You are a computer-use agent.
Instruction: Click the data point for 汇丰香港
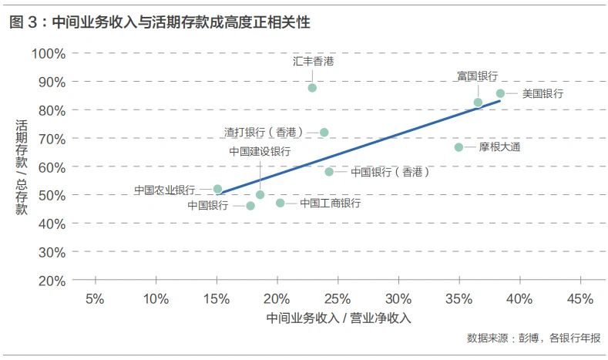coord(312,88)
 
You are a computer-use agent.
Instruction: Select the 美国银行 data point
coord(500,93)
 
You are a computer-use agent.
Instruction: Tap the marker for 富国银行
coord(478,103)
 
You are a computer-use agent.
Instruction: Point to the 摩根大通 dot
coord(459,147)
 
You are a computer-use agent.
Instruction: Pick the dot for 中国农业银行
coord(217,189)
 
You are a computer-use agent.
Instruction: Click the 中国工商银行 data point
coord(280,203)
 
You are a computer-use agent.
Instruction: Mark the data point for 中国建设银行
coord(260,195)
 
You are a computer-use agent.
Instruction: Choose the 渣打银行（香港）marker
coord(324,133)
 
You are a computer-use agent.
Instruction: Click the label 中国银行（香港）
coord(390,172)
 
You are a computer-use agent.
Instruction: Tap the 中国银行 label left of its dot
coord(208,205)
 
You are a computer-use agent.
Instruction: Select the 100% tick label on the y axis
coord(49,53)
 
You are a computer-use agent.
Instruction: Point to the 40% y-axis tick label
coord(52,224)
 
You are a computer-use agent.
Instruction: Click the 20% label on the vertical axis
coord(52,281)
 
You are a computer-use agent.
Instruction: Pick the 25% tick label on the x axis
coord(338,299)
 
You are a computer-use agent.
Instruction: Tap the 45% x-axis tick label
coord(580,299)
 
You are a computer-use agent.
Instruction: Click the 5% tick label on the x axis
coord(95,299)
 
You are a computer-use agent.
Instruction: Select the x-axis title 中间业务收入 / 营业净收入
coord(338,318)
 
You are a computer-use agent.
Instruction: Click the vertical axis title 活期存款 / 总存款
coord(22,167)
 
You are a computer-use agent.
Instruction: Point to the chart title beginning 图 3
coord(160,22)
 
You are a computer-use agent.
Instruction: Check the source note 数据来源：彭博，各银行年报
coord(533,338)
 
